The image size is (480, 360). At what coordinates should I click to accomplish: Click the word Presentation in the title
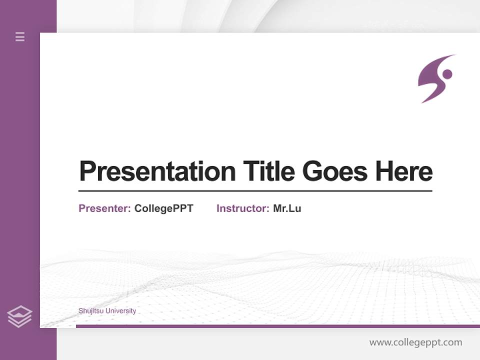(x=157, y=171)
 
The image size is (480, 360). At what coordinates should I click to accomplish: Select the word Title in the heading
(x=269, y=171)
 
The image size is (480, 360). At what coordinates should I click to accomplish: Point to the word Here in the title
(x=404, y=171)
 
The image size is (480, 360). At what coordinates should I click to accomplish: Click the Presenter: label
(x=104, y=208)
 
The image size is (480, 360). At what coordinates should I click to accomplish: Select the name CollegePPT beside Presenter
(x=163, y=208)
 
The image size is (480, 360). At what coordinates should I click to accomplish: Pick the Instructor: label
(x=242, y=208)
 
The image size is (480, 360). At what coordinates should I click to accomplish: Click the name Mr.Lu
(x=287, y=208)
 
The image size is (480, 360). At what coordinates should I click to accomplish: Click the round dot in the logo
(x=447, y=74)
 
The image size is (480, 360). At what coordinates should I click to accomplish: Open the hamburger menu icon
(x=20, y=36)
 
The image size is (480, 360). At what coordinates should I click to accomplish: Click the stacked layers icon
(x=19, y=316)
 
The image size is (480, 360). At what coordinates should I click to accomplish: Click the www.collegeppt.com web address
(x=415, y=342)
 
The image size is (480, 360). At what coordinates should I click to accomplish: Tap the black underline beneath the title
(x=255, y=191)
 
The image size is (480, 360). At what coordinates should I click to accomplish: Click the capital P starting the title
(x=88, y=171)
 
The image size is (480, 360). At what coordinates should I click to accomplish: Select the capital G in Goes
(x=313, y=171)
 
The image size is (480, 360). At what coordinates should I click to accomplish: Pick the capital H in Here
(x=385, y=171)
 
